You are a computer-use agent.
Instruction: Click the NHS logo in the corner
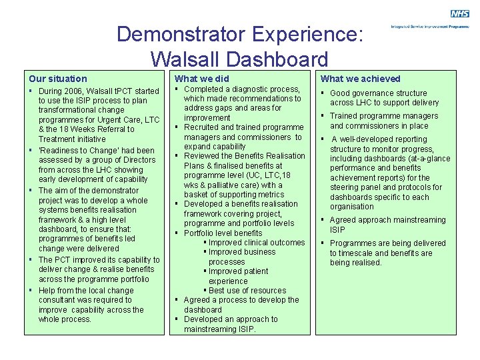pyautogui.click(x=459, y=14)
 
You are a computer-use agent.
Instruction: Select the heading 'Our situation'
pyautogui.click(x=58, y=79)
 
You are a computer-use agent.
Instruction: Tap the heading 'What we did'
pyautogui.click(x=201, y=79)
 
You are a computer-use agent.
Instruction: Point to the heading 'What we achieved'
pyautogui.click(x=361, y=79)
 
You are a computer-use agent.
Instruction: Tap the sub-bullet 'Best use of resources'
pyautogui.click(x=247, y=291)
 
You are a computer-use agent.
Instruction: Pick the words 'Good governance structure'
pyautogui.click(x=378, y=93)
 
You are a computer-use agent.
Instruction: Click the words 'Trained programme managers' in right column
pyautogui.click(x=384, y=116)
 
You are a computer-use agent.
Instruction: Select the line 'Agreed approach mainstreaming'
pyautogui.click(x=387, y=220)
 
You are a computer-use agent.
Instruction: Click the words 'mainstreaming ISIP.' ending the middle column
pyautogui.click(x=220, y=329)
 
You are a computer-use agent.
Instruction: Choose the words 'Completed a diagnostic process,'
pyautogui.click(x=242, y=89)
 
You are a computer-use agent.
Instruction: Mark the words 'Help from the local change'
pyautogui.click(x=86, y=291)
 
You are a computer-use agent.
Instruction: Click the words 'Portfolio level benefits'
pyautogui.click(x=223, y=233)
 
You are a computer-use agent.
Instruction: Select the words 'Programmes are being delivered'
pyautogui.click(x=387, y=243)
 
